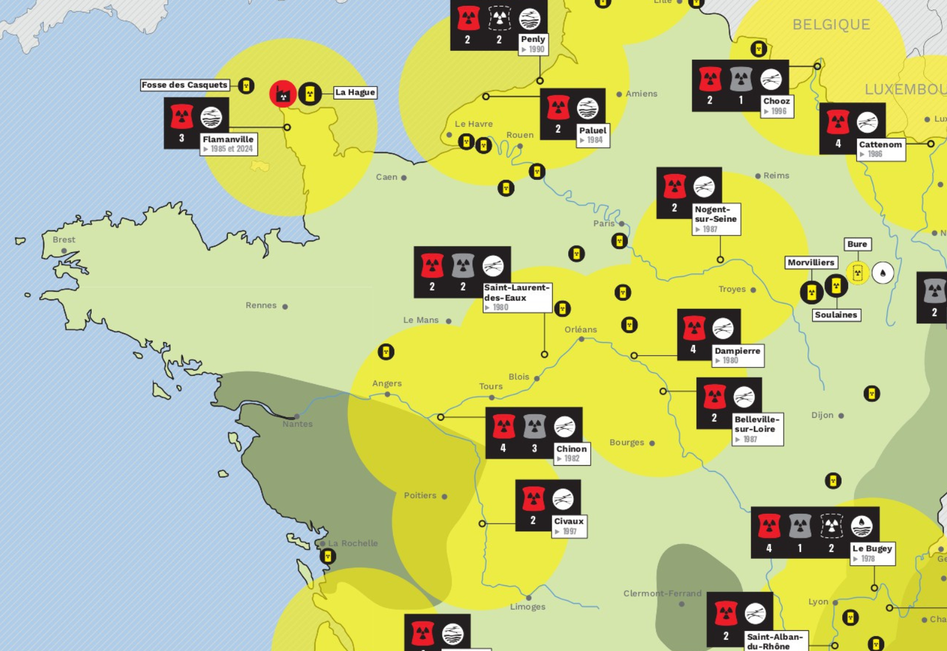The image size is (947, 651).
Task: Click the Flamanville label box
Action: pos(228,144)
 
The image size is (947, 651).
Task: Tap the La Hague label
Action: pos(355,92)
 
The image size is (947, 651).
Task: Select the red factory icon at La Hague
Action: pos(283,94)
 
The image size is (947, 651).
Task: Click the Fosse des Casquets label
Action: pos(185,85)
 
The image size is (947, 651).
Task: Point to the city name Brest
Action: pos(64,240)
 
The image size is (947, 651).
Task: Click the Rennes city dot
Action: pos(285,307)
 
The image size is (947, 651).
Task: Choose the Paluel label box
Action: pos(592,135)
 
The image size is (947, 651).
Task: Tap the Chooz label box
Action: pos(777,106)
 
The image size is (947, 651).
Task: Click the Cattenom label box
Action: pos(880,149)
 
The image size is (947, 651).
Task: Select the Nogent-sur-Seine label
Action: pos(716,219)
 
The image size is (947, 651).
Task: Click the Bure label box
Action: pos(857,244)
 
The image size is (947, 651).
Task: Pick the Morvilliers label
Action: pos(811,262)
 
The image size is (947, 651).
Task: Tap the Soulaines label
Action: pos(836,315)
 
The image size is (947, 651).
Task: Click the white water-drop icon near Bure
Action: pos(882,273)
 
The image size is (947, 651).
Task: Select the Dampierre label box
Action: pos(737,355)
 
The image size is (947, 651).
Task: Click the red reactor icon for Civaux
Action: pos(533,498)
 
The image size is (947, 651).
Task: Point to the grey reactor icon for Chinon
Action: pos(534,426)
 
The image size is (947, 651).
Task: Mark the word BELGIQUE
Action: pos(831,25)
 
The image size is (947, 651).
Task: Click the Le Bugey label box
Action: pos(872,553)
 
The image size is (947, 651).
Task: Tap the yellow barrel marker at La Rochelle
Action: pos(327,556)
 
